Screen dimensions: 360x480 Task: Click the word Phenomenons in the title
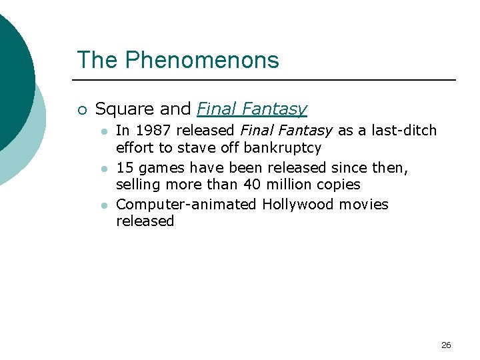point(202,61)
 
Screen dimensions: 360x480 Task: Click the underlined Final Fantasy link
point(252,109)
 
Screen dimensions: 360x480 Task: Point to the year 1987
point(151,131)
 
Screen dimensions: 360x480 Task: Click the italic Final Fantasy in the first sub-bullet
point(287,131)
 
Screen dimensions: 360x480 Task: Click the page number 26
point(446,345)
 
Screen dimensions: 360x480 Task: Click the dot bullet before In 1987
point(104,131)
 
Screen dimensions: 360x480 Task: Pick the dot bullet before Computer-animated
point(104,205)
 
